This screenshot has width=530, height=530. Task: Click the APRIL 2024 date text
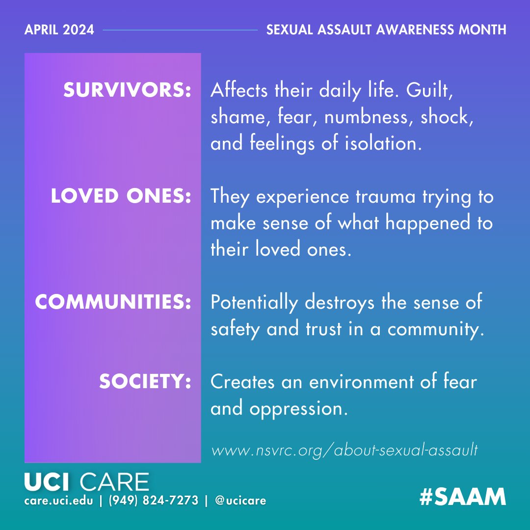pyautogui.click(x=59, y=29)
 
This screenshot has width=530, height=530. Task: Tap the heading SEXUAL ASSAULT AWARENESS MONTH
pyautogui.click(x=386, y=29)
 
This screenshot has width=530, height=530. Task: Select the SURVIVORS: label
pyautogui.click(x=127, y=91)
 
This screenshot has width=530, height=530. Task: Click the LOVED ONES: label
pyautogui.click(x=121, y=196)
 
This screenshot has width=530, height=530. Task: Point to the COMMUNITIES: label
pyautogui.click(x=113, y=302)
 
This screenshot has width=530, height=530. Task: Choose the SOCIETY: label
pyautogui.click(x=145, y=382)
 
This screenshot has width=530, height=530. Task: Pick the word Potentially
pyautogui.click(x=254, y=303)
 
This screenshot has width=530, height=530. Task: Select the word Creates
pyautogui.click(x=242, y=382)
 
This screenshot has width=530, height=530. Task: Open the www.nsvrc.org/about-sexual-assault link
pyautogui.click(x=344, y=450)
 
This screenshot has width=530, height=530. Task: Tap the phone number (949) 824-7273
pyautogui.click(x=154, y=501)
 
